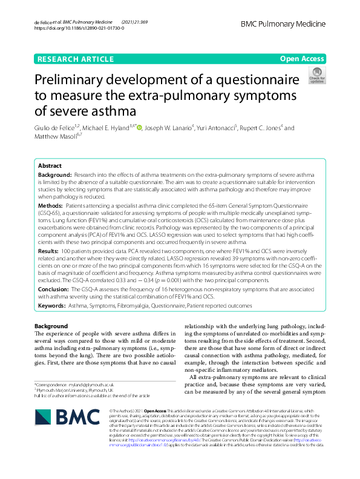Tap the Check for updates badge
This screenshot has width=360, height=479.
(316, 76)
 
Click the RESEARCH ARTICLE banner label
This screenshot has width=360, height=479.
(74, 59)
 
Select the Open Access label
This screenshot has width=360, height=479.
(301, 59)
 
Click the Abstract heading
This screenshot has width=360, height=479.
(50, 165)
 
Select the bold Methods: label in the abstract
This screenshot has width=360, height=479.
(51, 206)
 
